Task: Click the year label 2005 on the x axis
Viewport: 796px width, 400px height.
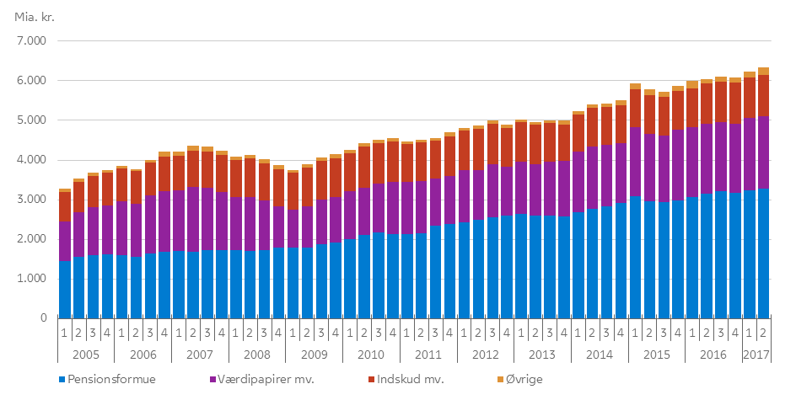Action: point(85,354)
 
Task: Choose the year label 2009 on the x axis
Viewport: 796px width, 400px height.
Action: point(314,354)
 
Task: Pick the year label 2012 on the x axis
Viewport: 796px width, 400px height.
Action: point(485,354)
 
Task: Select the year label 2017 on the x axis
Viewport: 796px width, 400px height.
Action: point(756,354)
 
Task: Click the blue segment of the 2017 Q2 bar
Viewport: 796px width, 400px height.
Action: point(763,253)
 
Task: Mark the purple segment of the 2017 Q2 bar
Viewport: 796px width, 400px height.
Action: point(763,152)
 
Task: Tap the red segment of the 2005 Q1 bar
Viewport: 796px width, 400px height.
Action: point(64,206)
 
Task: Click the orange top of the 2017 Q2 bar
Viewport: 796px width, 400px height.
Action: point(763,72)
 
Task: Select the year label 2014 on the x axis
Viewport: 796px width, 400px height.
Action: point(599,354)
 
